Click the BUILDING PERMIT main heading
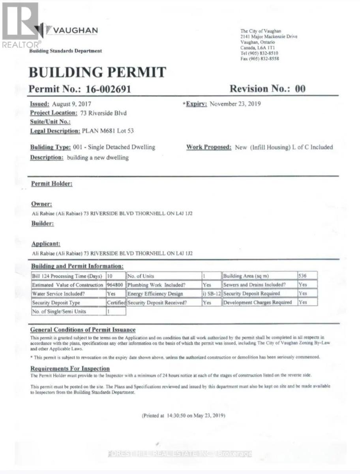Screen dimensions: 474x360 [x=97, y=72]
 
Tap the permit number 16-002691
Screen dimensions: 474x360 [x=108, y=89]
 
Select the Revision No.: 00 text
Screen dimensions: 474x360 [x=268, y=88]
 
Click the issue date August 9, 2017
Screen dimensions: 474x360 [x=71, y=104]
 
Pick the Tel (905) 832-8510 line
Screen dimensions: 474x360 [x=259, y=53]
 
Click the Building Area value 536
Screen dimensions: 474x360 [x=303, y=276]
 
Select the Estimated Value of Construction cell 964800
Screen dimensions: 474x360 [x=115, y=285]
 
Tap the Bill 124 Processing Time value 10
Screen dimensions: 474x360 [x=110, y=276]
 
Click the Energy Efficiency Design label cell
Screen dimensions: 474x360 [x=156, y=294]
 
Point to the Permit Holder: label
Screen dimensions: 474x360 [x=52, y=184]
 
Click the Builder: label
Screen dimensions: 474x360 [x=43, y=224]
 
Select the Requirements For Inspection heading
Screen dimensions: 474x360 [x=70, y=369]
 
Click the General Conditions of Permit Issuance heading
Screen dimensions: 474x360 [x=83, y=330]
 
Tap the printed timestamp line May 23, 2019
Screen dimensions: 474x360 [x=184, y=416]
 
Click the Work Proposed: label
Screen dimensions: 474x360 [x=209, y=147]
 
